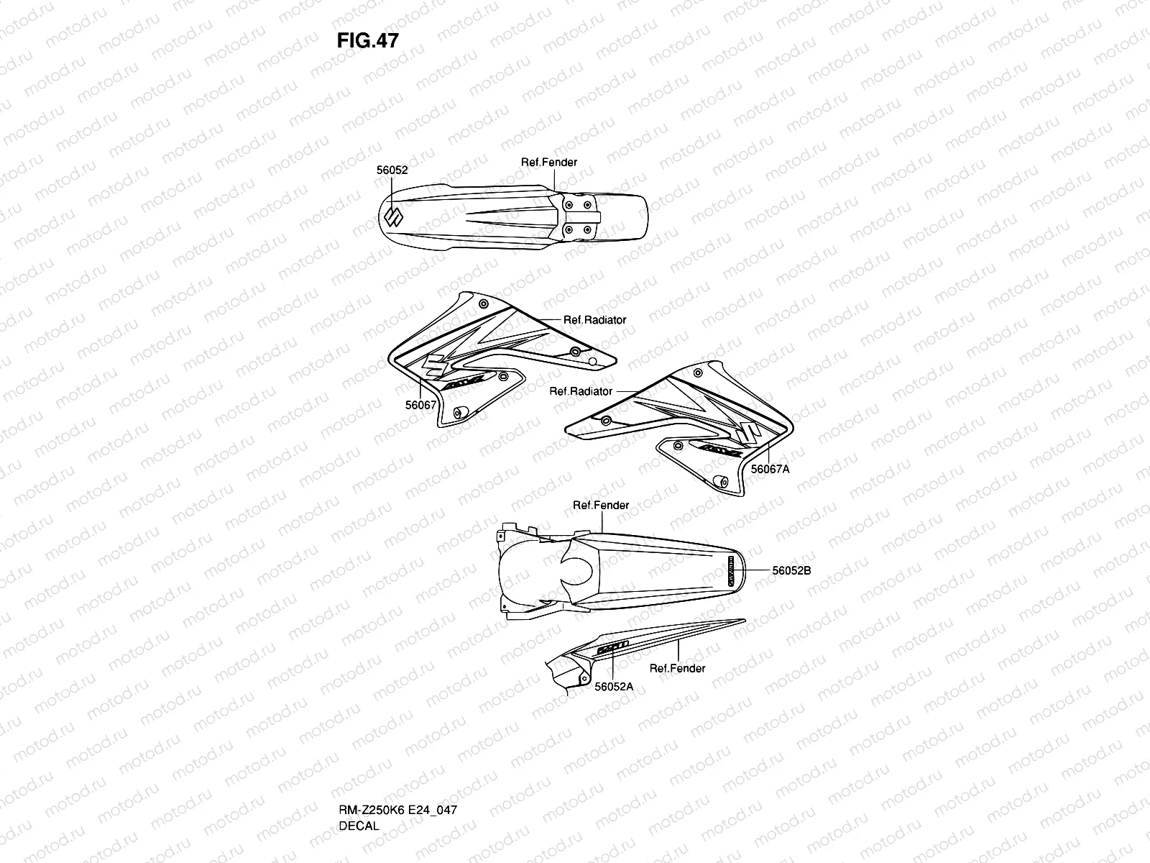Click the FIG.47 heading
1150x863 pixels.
point(367,40)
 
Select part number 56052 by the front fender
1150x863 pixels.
point(392,170)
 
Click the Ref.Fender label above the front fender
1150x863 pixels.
point(548,163)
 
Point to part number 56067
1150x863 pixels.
point(420,405)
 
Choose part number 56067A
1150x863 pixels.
point(770,469)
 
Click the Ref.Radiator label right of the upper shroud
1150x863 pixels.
point(594,320)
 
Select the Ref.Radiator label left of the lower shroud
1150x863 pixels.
point(581,391)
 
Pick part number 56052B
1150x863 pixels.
point(791,570)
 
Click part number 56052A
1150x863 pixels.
point(614,686)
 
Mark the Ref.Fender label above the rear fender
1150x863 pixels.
point(600,506)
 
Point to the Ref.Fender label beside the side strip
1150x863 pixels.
point(677,668)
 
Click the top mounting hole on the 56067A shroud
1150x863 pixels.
point(698,373)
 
